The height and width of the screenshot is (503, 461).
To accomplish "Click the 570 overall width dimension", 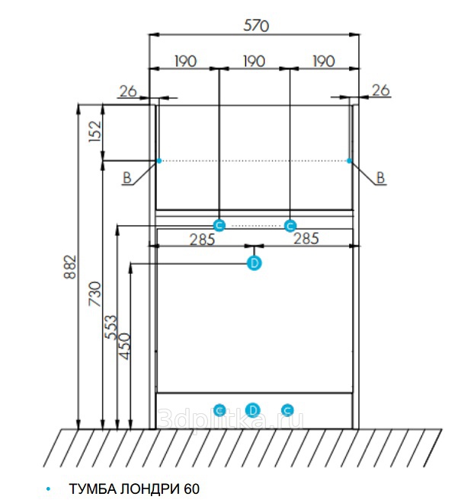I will pos(256,25).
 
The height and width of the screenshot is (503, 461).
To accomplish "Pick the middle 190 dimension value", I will pos(254,61).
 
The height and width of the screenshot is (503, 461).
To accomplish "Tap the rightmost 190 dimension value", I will pos(324,61).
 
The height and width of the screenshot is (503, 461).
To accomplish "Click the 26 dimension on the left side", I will pos(127,91).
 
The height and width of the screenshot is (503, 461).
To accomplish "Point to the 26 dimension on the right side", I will pos(380,91).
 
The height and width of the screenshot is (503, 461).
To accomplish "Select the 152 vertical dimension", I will pos(94,132).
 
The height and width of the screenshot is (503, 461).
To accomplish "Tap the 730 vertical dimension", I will pos(94,294).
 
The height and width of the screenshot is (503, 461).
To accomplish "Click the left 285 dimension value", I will pos(202,239).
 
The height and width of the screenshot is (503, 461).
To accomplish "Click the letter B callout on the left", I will pos(127,178).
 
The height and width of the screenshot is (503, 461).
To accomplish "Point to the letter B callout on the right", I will pos(381,178).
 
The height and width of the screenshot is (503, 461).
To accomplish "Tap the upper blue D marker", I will pos(255,263).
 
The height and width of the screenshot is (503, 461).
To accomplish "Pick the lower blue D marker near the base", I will pos(254,410).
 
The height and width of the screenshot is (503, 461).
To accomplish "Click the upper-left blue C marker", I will pos(219,224).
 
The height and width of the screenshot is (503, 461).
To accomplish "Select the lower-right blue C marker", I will pos(287,410).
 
